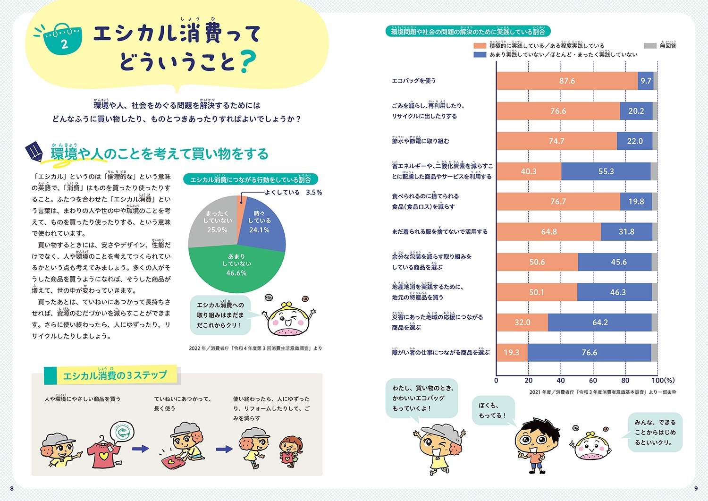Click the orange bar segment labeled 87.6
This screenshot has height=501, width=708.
click(x=567, y=81)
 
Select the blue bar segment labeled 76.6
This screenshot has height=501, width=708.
click(x=589, y=353)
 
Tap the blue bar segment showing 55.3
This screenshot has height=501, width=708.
click(x=606, y=171)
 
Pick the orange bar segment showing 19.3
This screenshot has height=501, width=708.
click(x=512, y=353)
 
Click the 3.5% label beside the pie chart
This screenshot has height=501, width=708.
click(x=314, y=193)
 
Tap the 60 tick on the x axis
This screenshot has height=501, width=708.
click(x=593, y=381)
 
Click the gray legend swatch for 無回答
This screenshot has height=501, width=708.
click(x=650, y=46)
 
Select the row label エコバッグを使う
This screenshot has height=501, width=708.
click(x=414, y=81)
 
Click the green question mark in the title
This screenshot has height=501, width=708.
click(x=247, y=62)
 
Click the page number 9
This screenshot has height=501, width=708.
click(x=696, y=488)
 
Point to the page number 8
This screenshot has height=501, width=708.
click(x=12, y=488)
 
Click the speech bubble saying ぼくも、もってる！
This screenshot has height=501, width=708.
click(x=493, y=410)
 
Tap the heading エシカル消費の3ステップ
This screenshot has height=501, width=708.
click(x=115, y=375)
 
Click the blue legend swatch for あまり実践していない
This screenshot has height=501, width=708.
click(x=480, y=55)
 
